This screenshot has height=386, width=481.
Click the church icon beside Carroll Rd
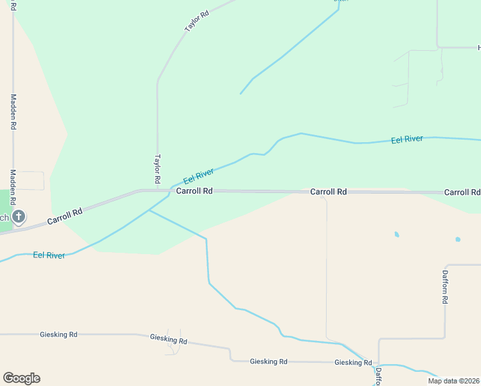[19, 217]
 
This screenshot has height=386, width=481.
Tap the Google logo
[21, 378]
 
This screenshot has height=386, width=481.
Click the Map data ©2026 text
[453, 381]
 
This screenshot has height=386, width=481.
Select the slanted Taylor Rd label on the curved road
[197, 21]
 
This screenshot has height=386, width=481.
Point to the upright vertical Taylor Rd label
[157, 167]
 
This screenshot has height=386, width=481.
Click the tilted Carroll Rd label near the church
[65, 217]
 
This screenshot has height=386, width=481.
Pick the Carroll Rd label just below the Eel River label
[194, 191]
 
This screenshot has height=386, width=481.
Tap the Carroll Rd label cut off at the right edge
[462, 192]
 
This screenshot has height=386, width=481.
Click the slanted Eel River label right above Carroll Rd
[198, 176]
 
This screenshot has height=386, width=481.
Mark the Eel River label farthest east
[407, 140]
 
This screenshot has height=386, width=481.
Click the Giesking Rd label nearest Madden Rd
[59, 335]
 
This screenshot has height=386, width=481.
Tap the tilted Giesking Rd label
[168, 338]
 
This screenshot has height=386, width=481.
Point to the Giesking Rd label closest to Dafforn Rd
[353, 362]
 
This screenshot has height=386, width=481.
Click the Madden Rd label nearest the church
[13, 185]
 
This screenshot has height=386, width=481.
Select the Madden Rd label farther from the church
[13, 112]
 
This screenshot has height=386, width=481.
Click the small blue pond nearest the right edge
[458, 239]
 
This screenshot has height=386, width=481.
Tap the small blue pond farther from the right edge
[397, 234]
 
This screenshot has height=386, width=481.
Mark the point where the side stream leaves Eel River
[149, 210]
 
